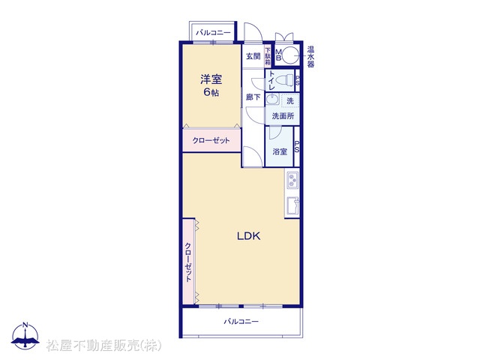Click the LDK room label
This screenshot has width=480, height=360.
click(248, 236)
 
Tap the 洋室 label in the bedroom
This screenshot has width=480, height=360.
click(211, 79)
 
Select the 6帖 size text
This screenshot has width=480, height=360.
click(211, 92)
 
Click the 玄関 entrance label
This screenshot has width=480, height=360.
click(253, 56)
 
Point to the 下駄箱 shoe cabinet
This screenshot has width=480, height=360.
click(268, 56)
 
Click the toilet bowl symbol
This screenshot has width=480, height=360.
click(285, 80)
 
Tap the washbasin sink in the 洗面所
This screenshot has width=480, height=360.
click(272, 100)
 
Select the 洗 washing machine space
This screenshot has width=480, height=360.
click(290, 100)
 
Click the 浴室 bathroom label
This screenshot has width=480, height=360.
click(280, 151)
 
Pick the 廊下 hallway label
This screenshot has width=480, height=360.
click(253, 97)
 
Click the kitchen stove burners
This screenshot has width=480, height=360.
click(292, 180)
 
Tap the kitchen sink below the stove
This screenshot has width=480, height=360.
click(292, 206)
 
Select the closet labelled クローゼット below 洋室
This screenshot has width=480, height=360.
click(211, 140)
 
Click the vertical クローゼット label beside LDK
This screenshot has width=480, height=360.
click(188, 262)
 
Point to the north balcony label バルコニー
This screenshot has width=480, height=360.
click(213, 32)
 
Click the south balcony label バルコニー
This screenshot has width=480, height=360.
click(241, 322)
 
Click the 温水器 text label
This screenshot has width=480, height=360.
click(310, 57)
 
